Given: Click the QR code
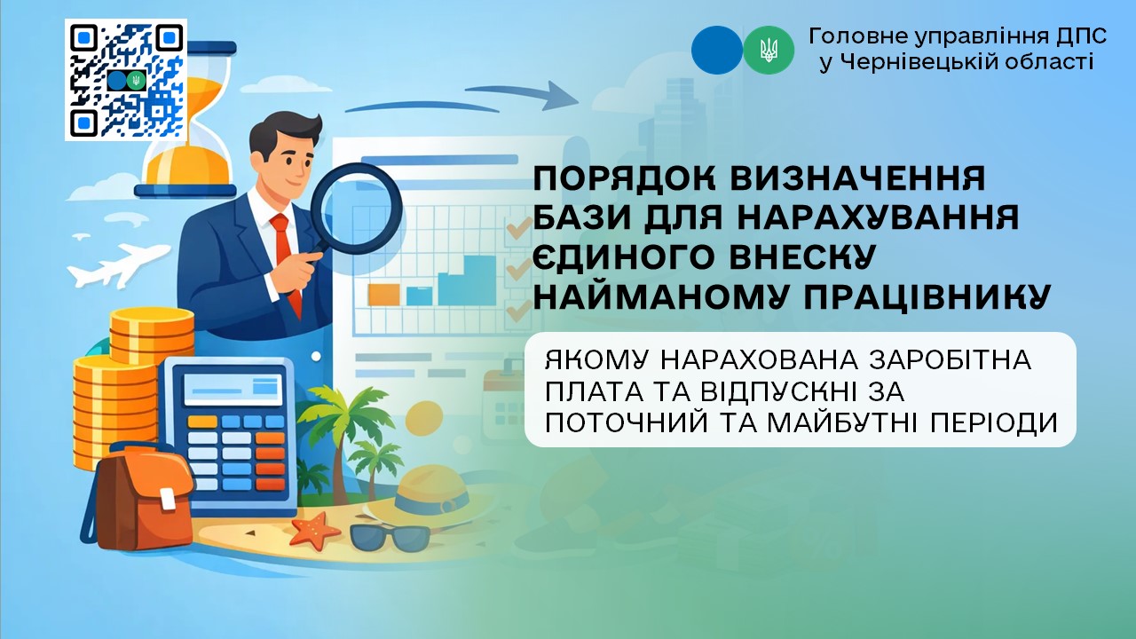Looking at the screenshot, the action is tap(126, 80).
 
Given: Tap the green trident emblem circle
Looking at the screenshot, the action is tap(769, 51).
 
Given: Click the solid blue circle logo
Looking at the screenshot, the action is tap(717, 51).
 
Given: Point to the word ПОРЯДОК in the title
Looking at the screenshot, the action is tap(626, 178).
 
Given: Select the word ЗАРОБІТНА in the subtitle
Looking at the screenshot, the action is tap(951, 360).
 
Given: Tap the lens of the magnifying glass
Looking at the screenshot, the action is tap(356, 209).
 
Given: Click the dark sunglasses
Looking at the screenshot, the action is tap(390, 538).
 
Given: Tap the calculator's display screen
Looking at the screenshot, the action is tap(233, 389).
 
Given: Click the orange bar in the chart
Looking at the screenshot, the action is tap(383, 295).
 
